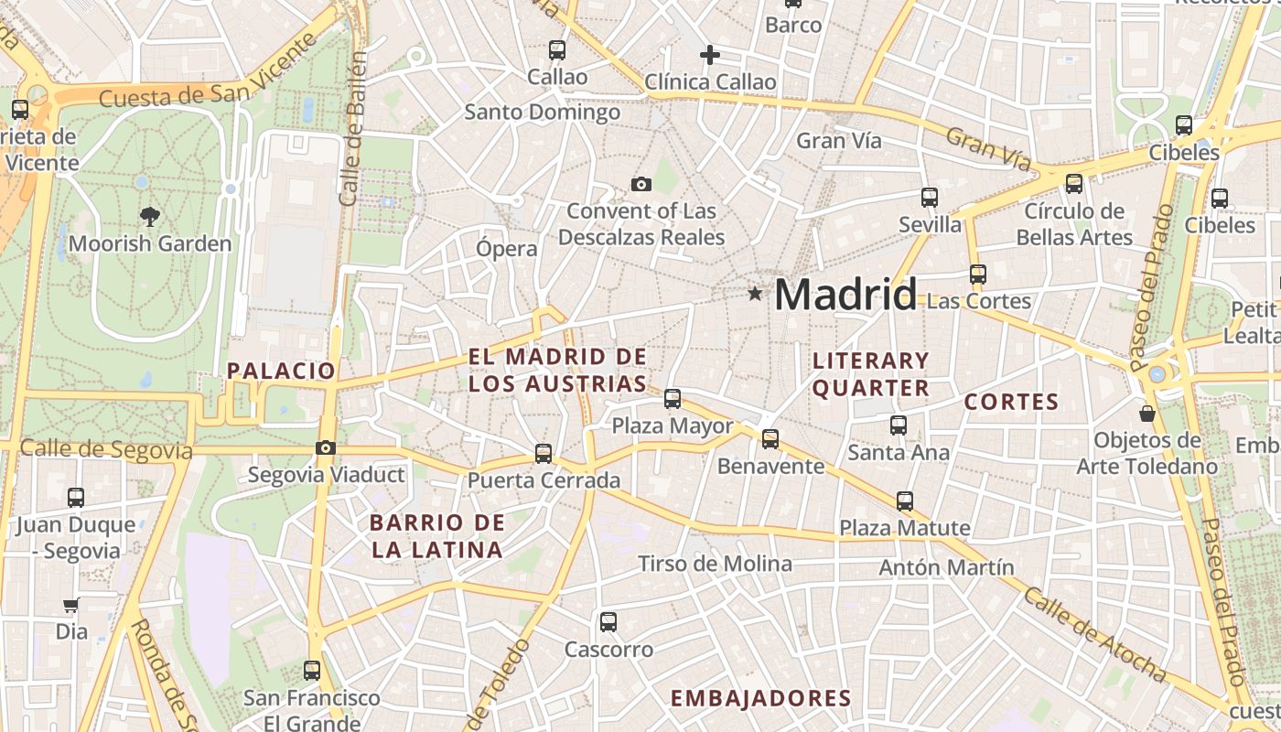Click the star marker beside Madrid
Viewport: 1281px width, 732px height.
coord(755,294)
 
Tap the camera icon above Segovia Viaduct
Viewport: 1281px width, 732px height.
coord(325,447)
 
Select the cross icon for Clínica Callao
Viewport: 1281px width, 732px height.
coord(710,55)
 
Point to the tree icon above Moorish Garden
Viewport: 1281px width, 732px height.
coord(149,217)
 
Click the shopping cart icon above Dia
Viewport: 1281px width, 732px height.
coord(70,605)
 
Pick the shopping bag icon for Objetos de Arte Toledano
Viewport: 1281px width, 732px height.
coord(1147,414)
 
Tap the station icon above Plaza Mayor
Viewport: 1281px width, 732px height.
coord(673,398)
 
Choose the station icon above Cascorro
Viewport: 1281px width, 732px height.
coord(608,622)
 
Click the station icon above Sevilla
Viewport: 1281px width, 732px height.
coord(930,197)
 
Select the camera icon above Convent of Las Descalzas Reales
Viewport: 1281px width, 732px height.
coord(641,184)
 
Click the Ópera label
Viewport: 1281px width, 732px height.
coord(507,248)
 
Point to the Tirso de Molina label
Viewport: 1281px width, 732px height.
coord(715,564)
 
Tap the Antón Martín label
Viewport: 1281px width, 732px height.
coord(946,567)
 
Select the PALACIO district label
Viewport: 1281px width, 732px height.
coord(282,371)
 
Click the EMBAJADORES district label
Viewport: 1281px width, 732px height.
coord(761,698)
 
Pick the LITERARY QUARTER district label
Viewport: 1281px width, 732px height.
coord(871,374)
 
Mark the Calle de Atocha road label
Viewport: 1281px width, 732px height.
coord(1094,635)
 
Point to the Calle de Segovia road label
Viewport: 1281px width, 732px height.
coord(106,449)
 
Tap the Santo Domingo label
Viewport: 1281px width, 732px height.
coord(543,113)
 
